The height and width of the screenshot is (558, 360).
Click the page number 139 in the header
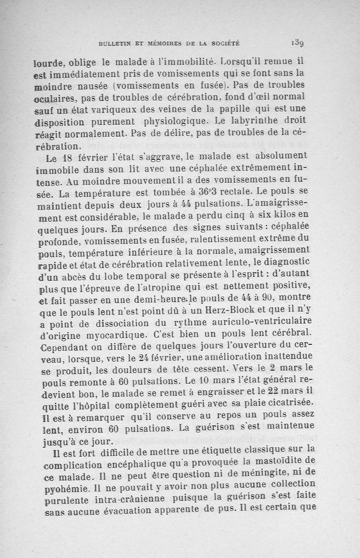click(x=298, y=43)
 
